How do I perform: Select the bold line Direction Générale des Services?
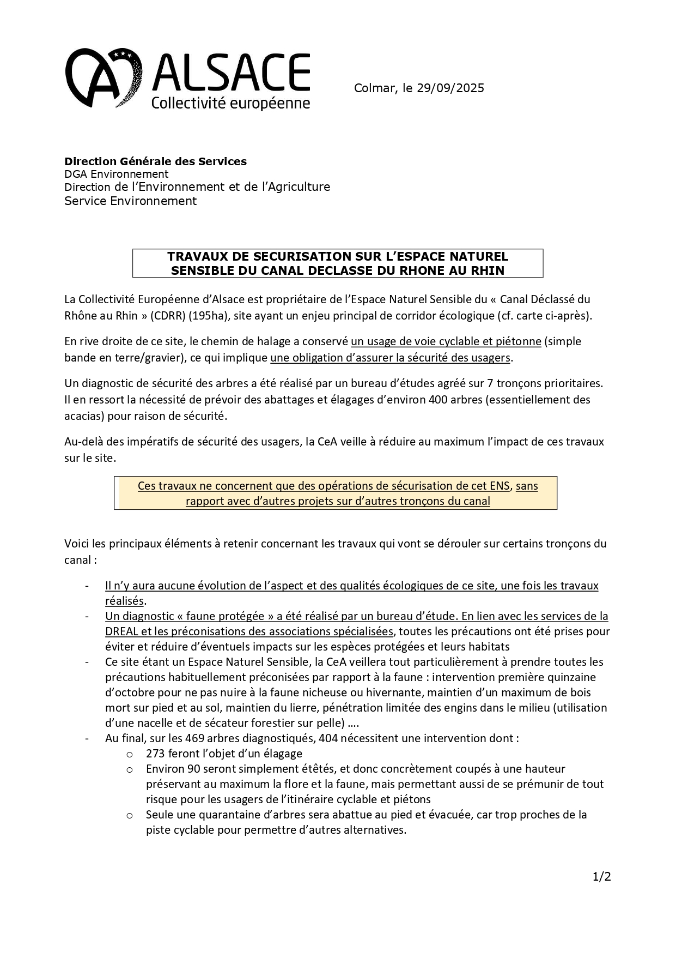coord(155,161)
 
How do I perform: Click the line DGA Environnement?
coord(117,174)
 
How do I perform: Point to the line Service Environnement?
coord(130,201)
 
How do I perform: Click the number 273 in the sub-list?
coord(156,754)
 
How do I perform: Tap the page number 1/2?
coord(602,877)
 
